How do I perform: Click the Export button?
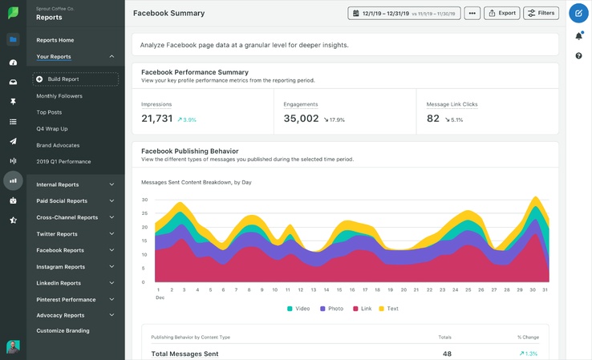pos(501,13)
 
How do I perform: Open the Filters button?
pos(541,13)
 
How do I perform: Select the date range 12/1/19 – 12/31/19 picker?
pos(404,13)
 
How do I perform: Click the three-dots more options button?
pos(472,13)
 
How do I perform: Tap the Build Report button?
pos(75,79)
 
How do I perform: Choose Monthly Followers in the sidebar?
pos(59,96)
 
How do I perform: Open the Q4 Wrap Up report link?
pos(52,129)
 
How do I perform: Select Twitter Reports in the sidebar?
pos(57,234)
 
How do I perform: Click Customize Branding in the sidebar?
pos(63,330)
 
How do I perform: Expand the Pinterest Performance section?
pos(66,300)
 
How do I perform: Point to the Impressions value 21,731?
pos(157,119)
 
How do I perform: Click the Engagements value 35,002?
pos(301,119)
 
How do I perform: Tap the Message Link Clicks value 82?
pos(433,119)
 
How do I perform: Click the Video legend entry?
pos(298,309)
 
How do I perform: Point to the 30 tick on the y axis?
pos(144,200)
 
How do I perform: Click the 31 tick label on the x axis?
pos(545,289)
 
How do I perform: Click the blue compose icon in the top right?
pos(578,13)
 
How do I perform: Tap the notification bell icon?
pos(578,35)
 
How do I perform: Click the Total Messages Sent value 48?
pos(447,354)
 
